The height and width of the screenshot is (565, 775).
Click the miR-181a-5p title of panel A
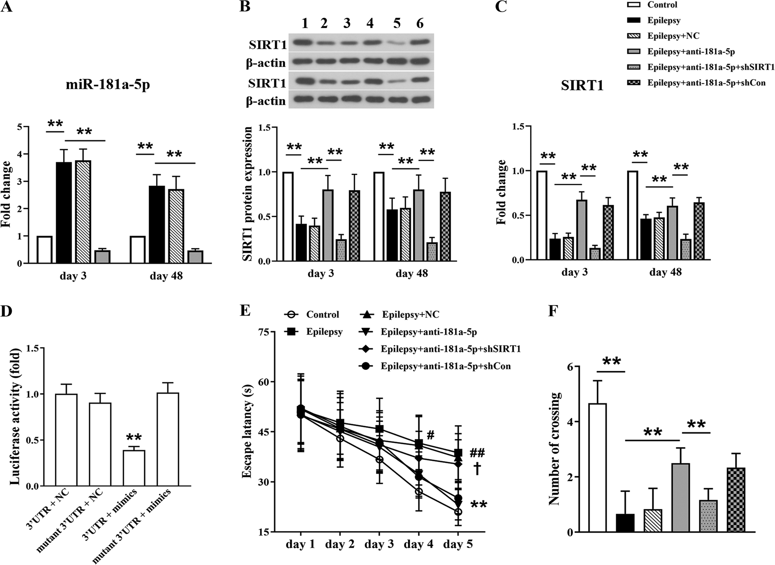point(108,86)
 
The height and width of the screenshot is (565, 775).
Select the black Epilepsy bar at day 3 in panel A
point(64,212)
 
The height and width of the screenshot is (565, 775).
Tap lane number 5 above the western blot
point(397,24)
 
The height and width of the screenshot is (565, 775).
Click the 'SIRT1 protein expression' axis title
point(249,194)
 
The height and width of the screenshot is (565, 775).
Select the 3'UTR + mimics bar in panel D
point(134,468)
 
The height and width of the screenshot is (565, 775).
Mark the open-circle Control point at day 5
point(458,512)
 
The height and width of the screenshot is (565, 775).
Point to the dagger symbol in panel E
point(476,470)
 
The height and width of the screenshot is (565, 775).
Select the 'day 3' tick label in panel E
point(379,544)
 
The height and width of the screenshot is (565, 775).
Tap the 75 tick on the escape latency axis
point(263,332)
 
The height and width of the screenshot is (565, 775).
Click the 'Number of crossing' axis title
point(555,449)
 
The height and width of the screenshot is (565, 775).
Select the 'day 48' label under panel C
point(665,272)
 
